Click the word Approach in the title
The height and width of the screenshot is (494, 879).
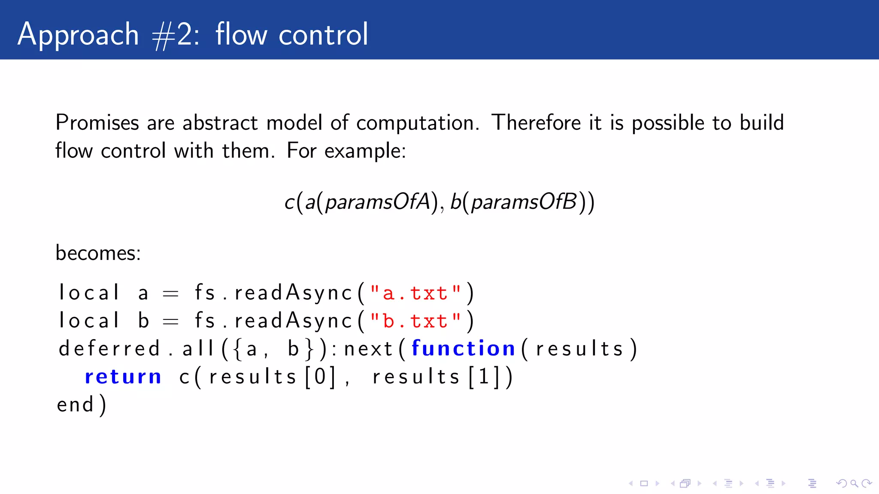click(78, 34)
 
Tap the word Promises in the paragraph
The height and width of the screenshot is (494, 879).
click(97, 123)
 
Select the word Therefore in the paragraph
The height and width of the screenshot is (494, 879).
click(536, 123)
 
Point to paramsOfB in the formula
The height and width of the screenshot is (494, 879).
click(524, 202)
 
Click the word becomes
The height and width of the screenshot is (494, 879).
click(98, 253)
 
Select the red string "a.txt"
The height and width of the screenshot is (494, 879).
click(415, 293)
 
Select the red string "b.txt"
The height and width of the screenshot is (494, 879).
click(415, 321)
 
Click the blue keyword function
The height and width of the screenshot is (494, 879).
click(463, 348)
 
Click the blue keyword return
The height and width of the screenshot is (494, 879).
click(123, 377)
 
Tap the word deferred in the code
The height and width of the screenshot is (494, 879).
click(109, 348)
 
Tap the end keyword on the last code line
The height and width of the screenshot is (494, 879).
click(75, 405)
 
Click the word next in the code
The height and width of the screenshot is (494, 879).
click(368, 348)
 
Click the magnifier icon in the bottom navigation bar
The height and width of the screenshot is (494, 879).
click(854, 484)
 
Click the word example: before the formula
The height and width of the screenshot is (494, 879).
click(365, 151)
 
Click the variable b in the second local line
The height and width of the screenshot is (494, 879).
click(144, 321)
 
